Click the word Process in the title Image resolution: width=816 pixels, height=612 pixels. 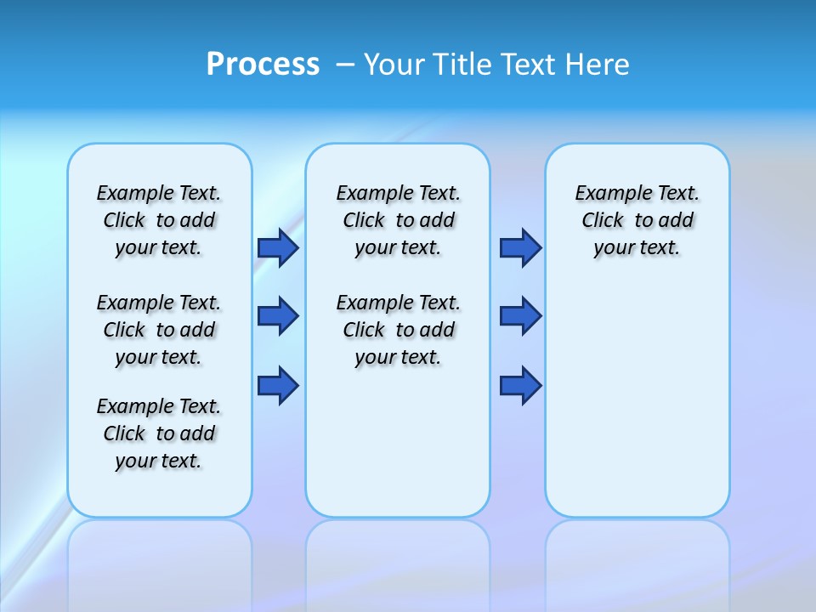(263, 64)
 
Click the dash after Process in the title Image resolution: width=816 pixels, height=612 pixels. (345, 65)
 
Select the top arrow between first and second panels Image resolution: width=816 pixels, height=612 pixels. (278, 247)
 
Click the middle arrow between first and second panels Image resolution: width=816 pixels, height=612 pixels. (278, 316)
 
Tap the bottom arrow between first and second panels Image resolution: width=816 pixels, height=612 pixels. (278, 386)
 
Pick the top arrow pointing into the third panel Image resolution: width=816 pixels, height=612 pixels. (520, 247)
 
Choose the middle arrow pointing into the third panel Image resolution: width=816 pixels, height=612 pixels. (520, 316)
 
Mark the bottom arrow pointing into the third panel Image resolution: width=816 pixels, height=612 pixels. (520, 386)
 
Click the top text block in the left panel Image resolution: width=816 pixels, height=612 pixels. (159, 220)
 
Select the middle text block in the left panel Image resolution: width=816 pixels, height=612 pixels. (159, 330)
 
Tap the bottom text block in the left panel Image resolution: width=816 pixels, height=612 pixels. (159, 433)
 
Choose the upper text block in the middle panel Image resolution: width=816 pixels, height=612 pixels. (399, 220)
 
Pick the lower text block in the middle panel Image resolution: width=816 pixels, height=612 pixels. (399, 330)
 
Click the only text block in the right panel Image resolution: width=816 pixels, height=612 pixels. (637, 220)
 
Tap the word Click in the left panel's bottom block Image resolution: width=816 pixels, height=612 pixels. (124, 433)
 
